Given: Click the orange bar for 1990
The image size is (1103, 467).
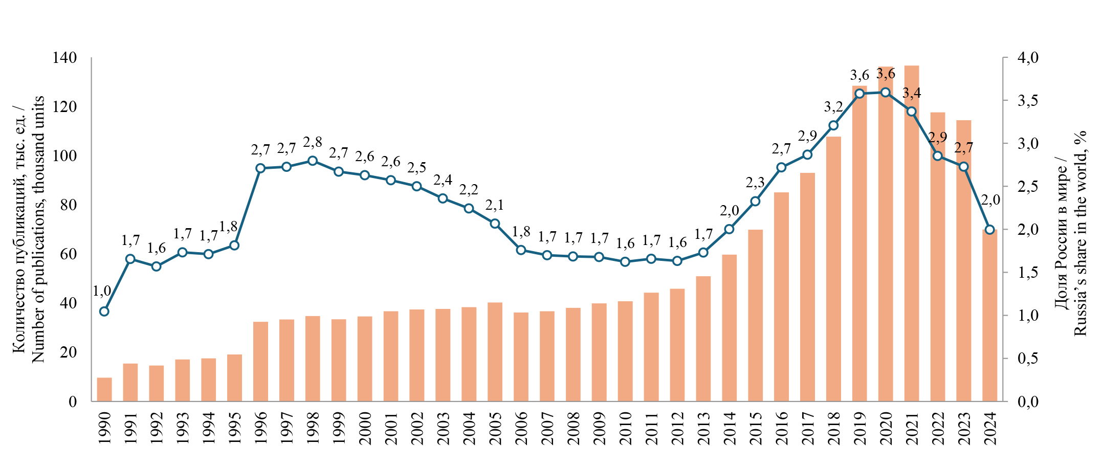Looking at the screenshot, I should click(104, 389).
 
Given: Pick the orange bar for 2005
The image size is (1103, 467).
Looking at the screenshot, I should click(495, 352).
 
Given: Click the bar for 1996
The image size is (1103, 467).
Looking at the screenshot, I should click(260, 361).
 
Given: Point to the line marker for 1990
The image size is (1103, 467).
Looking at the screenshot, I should click(104, 312).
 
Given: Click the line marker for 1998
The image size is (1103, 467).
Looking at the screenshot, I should click(313, 161).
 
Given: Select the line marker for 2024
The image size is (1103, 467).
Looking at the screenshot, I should click(989, 230).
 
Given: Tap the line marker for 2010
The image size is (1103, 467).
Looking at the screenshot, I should click(625, 262).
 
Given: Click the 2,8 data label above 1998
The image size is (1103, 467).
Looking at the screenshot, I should click(313, 142).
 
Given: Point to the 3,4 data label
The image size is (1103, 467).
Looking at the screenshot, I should click(911, 93).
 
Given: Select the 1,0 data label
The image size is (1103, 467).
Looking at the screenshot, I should click(102, 292).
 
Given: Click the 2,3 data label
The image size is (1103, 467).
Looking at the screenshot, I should click(755, 183).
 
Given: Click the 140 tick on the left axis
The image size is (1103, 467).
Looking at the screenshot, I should click(64, 58).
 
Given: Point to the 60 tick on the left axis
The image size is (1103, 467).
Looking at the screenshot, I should click(68, 254).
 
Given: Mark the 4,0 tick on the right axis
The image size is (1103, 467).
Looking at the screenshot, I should click(1028, 58).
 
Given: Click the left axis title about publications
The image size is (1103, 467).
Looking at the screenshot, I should click(29, 230).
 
